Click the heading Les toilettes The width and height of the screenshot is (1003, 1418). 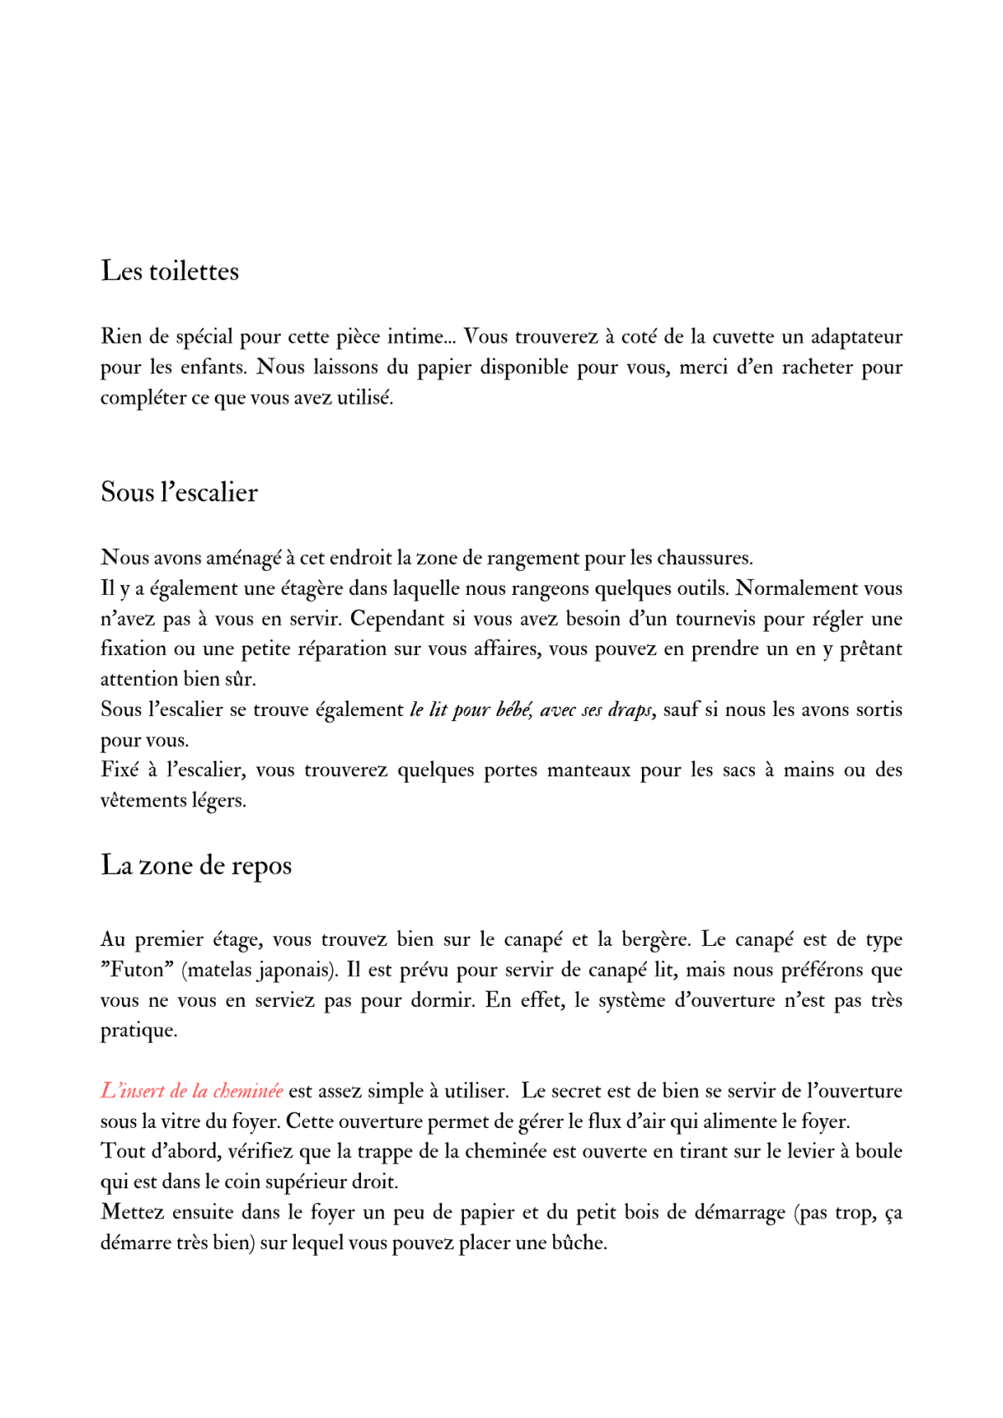[x=170, y=272]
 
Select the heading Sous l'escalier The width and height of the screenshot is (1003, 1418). [x=179, y=492]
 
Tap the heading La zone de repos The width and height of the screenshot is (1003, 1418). [x=196, y=866]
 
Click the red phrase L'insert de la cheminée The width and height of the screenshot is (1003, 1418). [x=191, y=1091]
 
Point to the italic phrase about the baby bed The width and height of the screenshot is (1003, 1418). [x=532, y=710]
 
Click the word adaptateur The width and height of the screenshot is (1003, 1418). [x=856, y=337]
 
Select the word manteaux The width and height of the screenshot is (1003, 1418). [x=588, y=770]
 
